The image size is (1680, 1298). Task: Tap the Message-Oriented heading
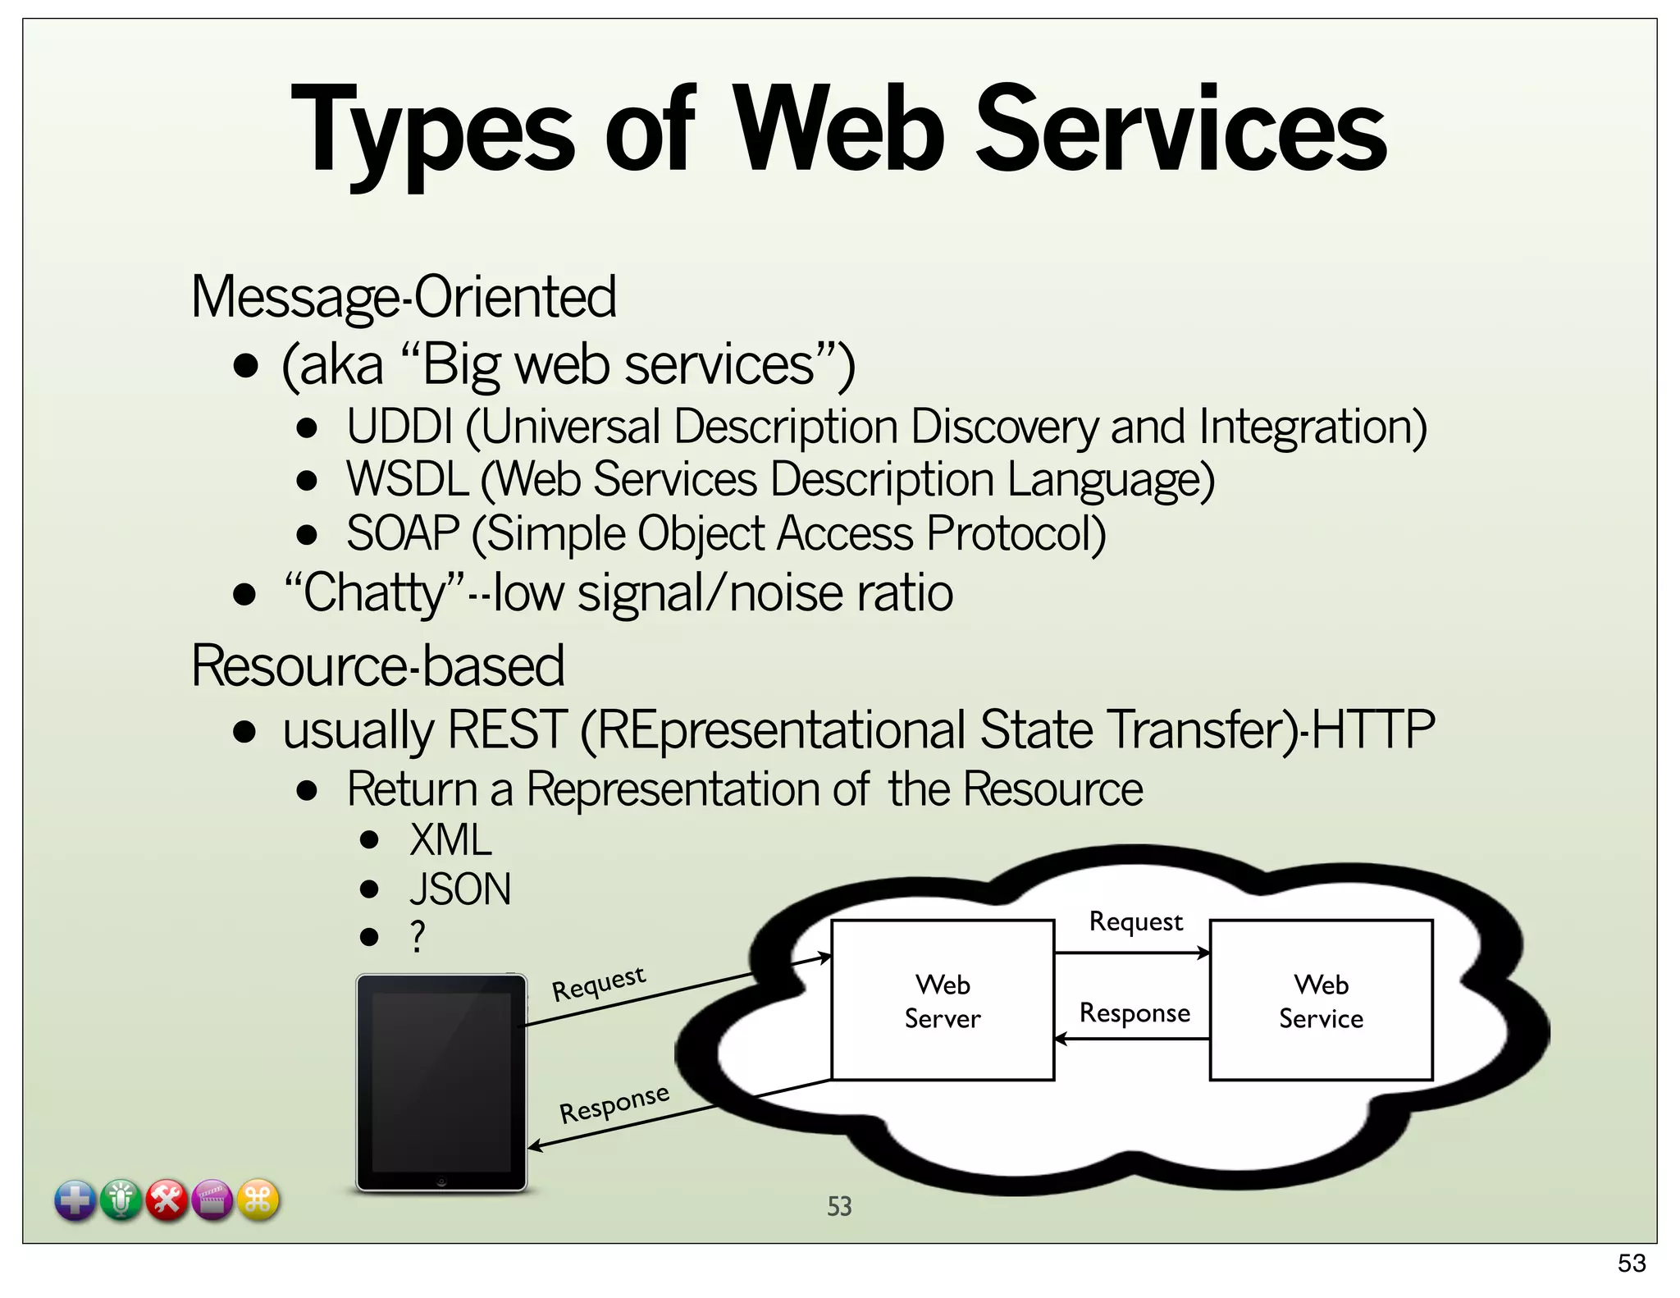(x=403, y=297)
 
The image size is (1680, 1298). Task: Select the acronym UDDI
(x=399, y=427)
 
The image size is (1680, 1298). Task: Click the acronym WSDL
(x=407, y=479)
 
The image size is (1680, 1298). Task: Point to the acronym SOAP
(x=402, y=533)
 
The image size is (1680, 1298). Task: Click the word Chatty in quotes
(x=374, y=592)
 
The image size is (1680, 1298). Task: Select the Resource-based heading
(x=377, y=665)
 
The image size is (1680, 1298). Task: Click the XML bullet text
(x=450, y=840)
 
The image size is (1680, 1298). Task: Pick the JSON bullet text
(x=460, y=889)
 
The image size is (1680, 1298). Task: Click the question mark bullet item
(x=418, y=936)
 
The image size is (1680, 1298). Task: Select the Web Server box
(x=943, y=1000)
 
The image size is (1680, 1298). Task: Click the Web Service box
(x=1321, y=1000)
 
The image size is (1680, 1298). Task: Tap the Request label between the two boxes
(x=1135, y=922)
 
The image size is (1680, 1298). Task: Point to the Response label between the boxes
(x=1134, y=1013)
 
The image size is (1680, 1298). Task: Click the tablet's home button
(x=441, y=1181)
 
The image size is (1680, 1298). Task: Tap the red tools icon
(x=167, y=1200)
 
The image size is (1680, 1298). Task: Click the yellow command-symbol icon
(x=258, y=1200)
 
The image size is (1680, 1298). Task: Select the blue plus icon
(x=75, y=1200)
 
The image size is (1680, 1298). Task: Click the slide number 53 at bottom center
(x=839, y=1206)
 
